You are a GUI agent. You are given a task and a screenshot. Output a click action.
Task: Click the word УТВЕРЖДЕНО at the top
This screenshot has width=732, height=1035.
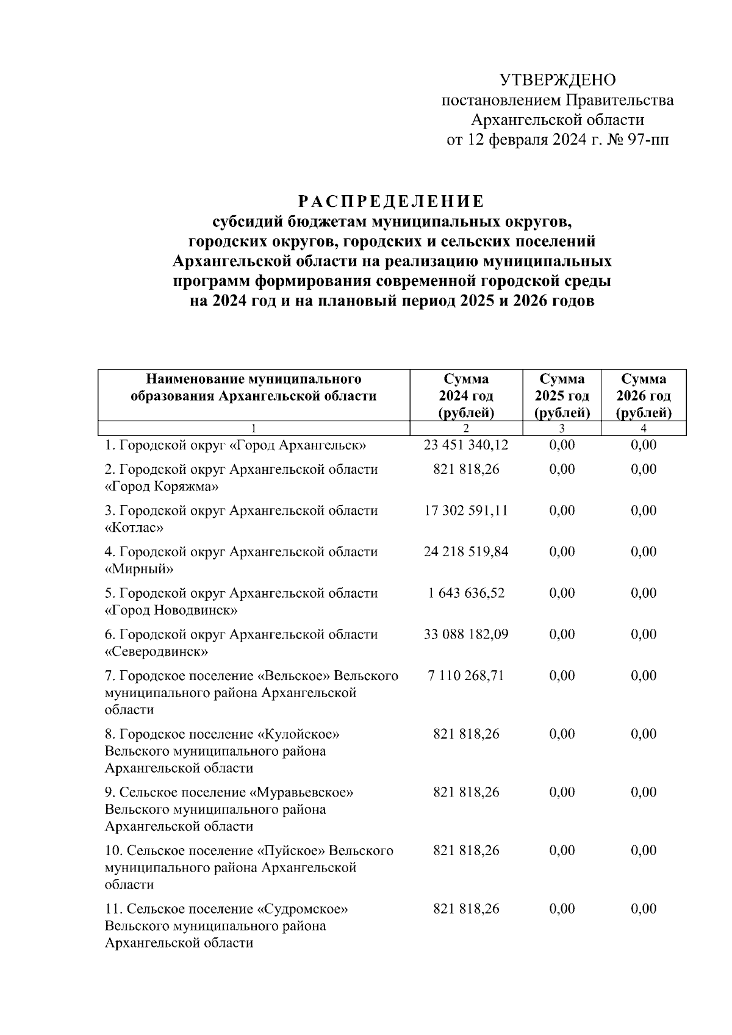558,80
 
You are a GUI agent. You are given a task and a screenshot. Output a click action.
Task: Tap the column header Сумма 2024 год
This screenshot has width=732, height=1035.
466,396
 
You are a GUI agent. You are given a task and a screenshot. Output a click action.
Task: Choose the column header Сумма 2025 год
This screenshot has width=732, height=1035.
562,396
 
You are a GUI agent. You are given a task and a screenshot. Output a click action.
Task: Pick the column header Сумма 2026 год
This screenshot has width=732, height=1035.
644,396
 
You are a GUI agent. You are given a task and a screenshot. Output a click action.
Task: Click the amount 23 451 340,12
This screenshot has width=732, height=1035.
466,445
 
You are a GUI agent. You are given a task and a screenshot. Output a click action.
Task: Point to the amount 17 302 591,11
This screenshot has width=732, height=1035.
466,510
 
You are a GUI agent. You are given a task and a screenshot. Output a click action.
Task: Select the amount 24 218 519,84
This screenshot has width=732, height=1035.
466,552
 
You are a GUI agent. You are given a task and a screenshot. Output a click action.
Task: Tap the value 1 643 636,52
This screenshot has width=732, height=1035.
466,593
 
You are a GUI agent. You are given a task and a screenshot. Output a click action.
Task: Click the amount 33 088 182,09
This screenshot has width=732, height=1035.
466,634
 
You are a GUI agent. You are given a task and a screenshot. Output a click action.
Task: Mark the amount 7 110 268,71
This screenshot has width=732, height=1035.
466,676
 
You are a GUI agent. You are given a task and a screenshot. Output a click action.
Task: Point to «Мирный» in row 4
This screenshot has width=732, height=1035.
139,569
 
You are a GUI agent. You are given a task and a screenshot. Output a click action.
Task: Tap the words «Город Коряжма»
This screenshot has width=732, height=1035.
162,487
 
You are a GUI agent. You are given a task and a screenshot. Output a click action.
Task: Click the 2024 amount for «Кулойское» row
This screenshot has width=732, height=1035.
466,734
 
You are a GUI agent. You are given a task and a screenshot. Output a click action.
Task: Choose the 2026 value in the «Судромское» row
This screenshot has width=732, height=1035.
644,909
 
